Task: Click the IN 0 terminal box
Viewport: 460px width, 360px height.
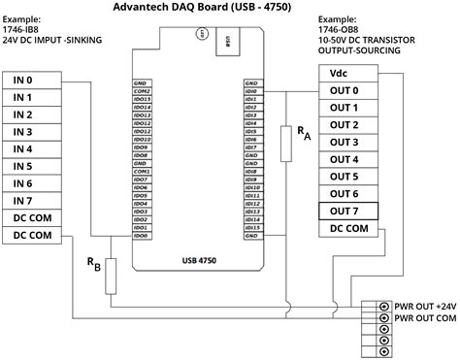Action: tap(37, 81)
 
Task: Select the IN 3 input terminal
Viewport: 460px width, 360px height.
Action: tap(37, 132)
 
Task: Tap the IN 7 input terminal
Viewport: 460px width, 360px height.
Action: tap(37, 201)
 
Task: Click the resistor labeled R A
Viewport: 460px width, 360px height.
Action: tap(284, 144)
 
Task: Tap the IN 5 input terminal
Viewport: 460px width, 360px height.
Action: tap(37, 166)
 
